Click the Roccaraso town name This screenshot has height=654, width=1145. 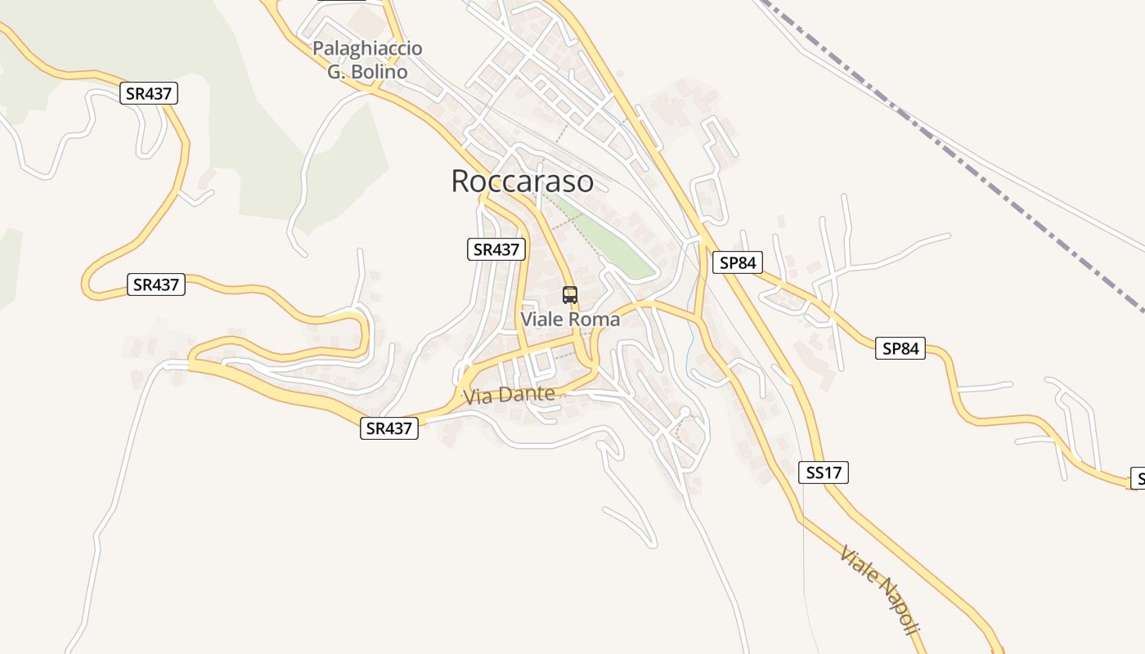point(522,181)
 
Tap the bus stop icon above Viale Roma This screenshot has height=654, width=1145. point(570,295)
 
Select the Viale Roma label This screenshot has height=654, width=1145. point(570,320)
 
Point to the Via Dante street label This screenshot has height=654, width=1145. point(509,396)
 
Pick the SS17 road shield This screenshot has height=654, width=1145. point(824,473)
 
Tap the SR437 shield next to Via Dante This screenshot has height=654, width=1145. point(389,428)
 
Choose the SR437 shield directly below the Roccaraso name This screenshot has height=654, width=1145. point(496,249)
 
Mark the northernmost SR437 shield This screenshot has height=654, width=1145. point(149,93)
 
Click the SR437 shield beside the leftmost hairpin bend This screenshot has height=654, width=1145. point(156,284)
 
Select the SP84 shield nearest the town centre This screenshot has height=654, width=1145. point(737,262)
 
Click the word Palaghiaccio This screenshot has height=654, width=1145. point(367,49)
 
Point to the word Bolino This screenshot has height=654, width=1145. point(379,72)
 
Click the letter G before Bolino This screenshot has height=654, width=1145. point(335,72)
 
